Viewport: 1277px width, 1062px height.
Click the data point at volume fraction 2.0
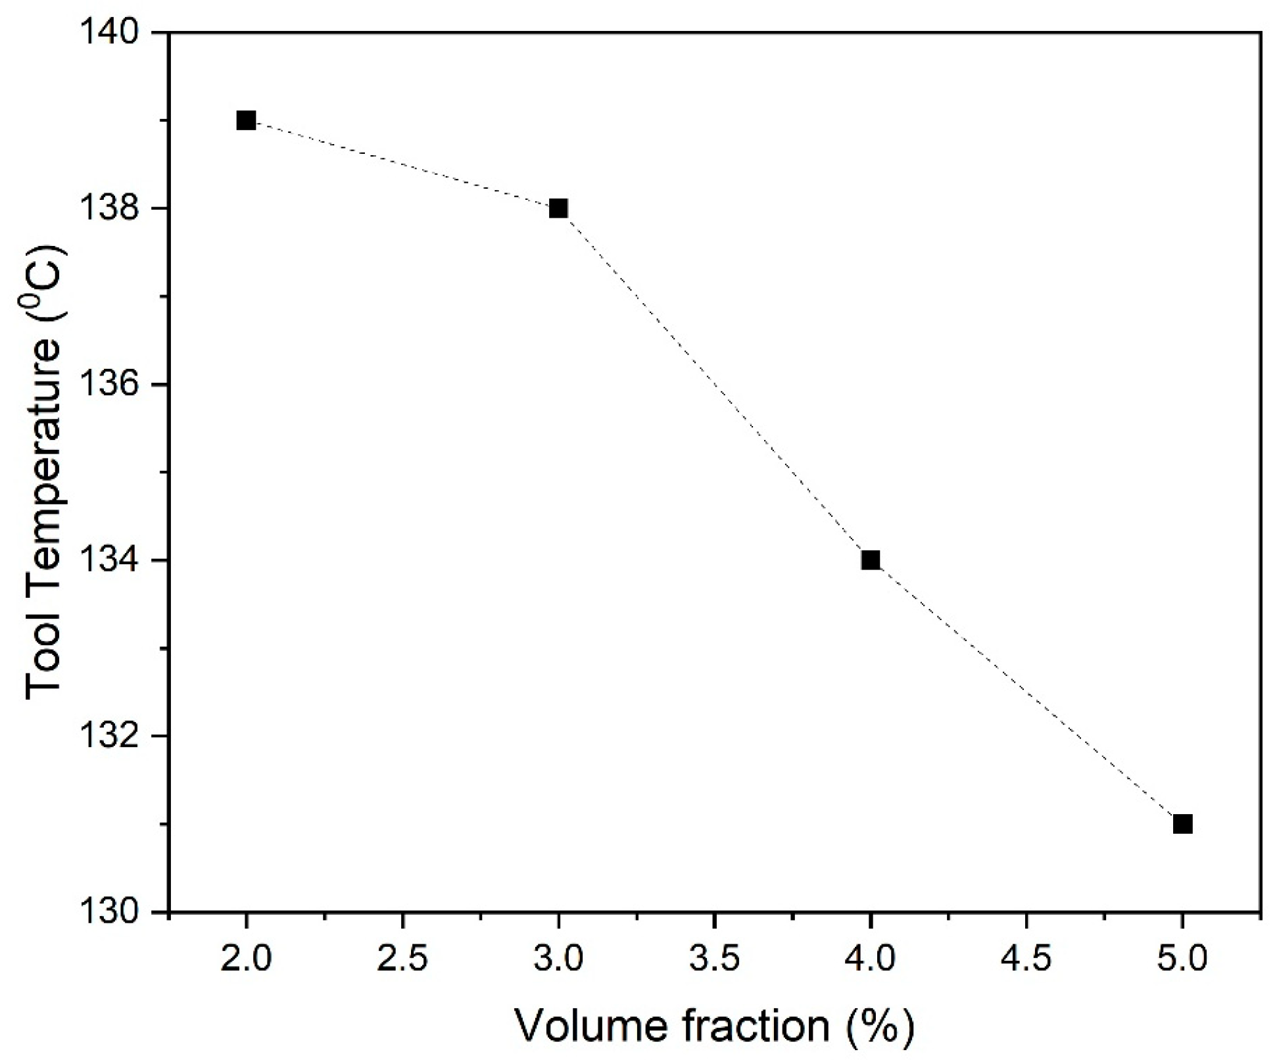pyautogui.click(x=246, y=121)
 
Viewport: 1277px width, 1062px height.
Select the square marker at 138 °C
pyautogui.click(x=558, y=208)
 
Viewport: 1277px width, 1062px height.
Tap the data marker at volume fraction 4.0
pyautogui.click(x=870, y=560)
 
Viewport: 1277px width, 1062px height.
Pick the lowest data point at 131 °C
pyautogui.click(x=1182, y=824)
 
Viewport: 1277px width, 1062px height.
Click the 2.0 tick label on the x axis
pyautogui.click(x=246, y=959)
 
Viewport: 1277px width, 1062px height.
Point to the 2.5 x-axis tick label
pyautogui.click(x=402, y=959)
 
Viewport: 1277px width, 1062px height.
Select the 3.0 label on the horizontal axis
pyautogui.click(x=558, y=959)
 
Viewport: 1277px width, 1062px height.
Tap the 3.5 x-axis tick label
pyautogui.click(x=714, y=959)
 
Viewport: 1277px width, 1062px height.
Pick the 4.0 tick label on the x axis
pyautogui.click(x=870, y=959)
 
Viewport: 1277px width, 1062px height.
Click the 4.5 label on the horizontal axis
pyautogui.click(x=1026, y=959)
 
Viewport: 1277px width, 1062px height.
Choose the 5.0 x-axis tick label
pyautogui.click(x=1182, y=959)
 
